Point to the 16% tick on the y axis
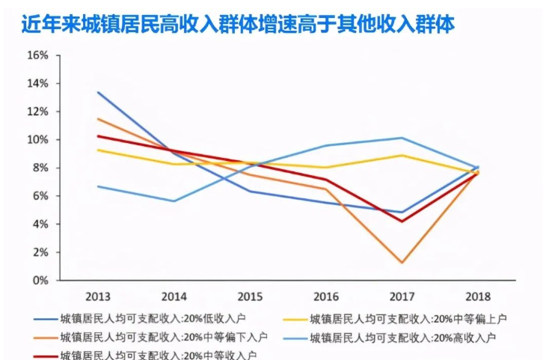click(x=38, y=55)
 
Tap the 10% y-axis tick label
click(x=38, y=140)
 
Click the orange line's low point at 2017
click(x=402, y=263)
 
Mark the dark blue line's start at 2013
click(x=98, y=92)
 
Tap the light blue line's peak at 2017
click(x=402, y=138)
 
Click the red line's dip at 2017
click(x=402, y=221)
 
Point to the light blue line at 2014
click(x=174, y=201)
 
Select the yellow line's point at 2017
click(x=402, y=155)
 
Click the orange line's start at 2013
click(x=98, y=118)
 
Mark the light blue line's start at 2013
click(x=98, y=186)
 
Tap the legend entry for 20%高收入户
click(x=404, y=337)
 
